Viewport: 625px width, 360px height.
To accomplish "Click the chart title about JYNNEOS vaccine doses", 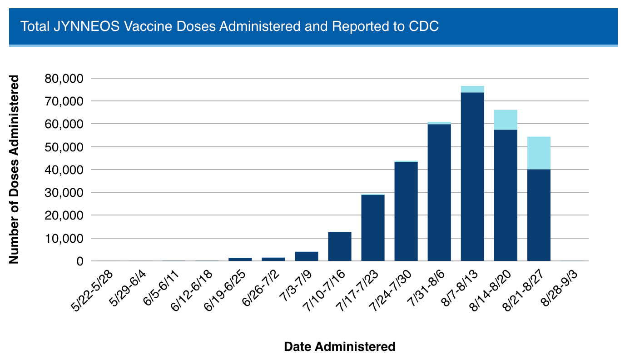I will [x=229, y=26].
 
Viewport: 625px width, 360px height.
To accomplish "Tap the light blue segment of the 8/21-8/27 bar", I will [x=539, y=153].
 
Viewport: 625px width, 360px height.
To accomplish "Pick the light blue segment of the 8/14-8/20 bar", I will [x=506, y=120].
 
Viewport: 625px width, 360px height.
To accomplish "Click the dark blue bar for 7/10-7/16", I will [x=340, y=246].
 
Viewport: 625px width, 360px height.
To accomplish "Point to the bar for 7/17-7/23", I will [x=373, y=227].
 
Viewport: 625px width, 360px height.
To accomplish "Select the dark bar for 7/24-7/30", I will [x=406, y=211].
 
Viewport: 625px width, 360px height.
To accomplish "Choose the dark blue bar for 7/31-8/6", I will [x=439, y=192].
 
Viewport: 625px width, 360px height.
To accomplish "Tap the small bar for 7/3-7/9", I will [x=307, y=256].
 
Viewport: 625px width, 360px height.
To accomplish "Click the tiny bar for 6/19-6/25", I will [x=240, y=259].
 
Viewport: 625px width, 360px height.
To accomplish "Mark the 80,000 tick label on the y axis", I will [x=64, y=79].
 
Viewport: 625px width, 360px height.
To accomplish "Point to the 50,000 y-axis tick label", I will [x=64, y=147].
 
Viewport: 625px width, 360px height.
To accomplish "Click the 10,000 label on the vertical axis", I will [x=64, y=239].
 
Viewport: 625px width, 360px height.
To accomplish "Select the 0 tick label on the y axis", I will [x=80, y=261].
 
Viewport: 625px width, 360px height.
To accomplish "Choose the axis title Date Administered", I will [x=339, y=347].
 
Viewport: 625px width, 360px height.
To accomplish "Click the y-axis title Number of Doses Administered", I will [x=14, y=169].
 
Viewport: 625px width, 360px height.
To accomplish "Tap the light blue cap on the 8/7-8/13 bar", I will [x=472, y=89].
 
